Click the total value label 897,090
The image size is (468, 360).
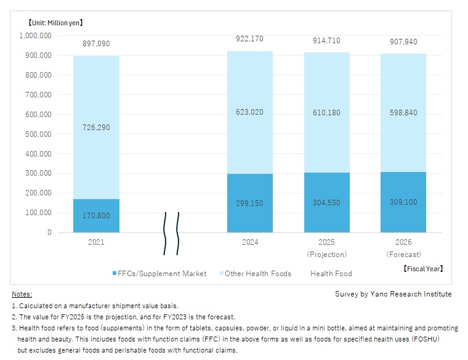(96, 44)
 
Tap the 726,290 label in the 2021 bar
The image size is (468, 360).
(96, 128)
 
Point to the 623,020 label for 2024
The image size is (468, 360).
(250, 113)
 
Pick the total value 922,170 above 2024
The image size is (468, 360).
(250, 39)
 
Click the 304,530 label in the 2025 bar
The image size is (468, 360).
(326, 202)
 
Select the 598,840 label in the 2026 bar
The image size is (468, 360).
(403, 113)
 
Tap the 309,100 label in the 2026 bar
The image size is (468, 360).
(403, 202)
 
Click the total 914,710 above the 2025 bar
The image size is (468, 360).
(326, 39)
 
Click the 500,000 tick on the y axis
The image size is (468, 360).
(36, 134)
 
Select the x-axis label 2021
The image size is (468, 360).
(96, 242)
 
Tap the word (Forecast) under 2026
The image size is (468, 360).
(403, 254)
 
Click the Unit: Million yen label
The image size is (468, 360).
(55, 23)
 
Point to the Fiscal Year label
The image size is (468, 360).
(423, 269)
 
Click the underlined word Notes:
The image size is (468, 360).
(22, 295)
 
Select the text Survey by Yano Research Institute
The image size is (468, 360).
(393, 294)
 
